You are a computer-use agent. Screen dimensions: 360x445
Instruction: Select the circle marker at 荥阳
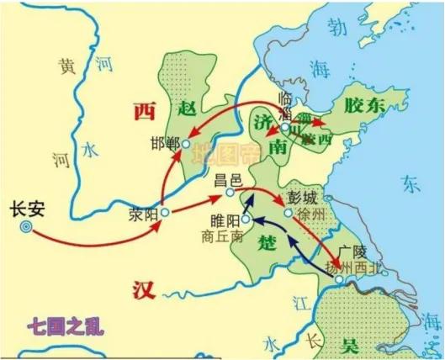point(166,213)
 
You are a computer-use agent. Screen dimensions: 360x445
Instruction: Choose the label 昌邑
point(228,179)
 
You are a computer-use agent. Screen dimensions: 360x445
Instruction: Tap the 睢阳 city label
point(224,220)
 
